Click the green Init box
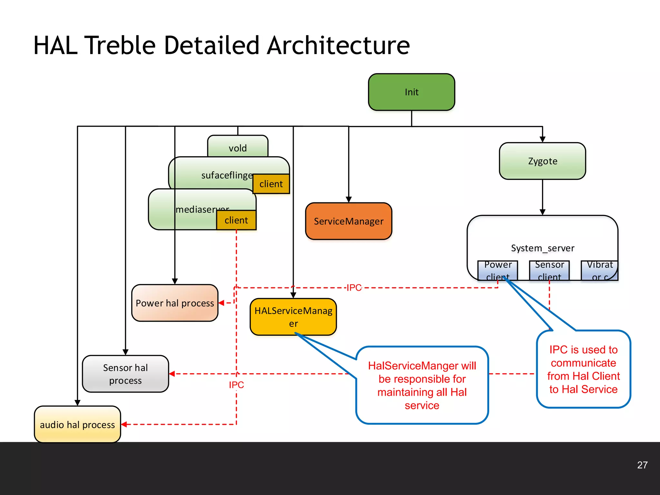[x=412, y=92]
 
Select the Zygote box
[x=542, y=161]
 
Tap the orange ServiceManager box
[x=348, y=221]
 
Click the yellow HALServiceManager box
[x=293, y=317]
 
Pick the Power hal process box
[x=175, y=303]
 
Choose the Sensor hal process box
[x=125, y=374]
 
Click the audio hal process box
[x=77, y=424]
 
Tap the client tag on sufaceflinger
[x=271, y=184]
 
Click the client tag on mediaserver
[x=236, y=220]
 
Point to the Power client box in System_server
[x=498, y=270]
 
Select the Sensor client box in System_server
[x=549, y=270]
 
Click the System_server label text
[x=542, y=248]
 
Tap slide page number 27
[x=642, y=465]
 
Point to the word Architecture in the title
[x=338, y=45]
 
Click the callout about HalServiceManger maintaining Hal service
[x=422, y=385]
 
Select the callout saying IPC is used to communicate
[x=583, y=369]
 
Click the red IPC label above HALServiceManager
[x=354, y=287]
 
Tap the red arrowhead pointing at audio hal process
[x=124, y=424]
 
